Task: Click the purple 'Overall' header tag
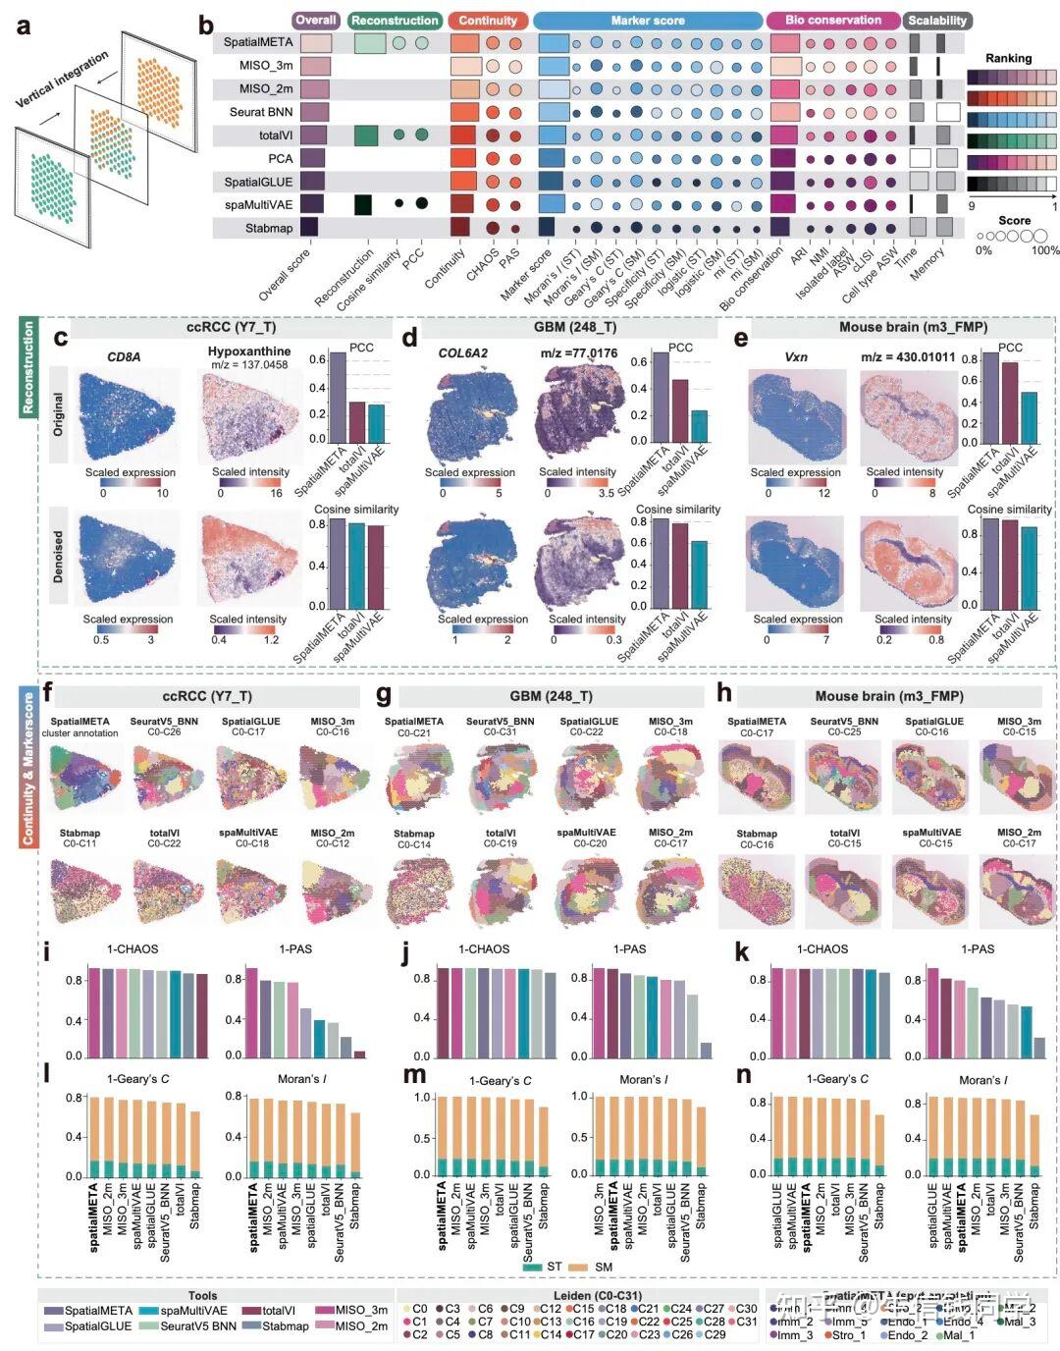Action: pyautogui.click(x=316, y=20)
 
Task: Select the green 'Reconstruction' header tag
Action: pyautogui.click(x=395, y=21)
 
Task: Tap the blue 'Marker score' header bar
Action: pyautogui.click(x=648, y=21)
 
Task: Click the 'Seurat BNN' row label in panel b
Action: pyautogui.click(x=261, y=112)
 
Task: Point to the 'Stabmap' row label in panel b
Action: pyautogui.click(x=269, y=229)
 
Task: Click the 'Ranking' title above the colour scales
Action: pyautogui.click(x=1008, y=58)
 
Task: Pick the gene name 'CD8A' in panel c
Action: pyautogui.click(x=124, y=356)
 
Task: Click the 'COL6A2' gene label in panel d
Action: pyautogui.click(x=463, y=353)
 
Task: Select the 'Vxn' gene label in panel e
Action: pyautogui.click(x=796, y=356)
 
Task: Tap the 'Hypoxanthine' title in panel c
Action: pyautogui.click(x=249, y=351)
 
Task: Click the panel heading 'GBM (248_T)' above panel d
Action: pyautogui.click(x=575, y=328)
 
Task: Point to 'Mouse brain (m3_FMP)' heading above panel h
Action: pyautogui.click(x=889, y=696)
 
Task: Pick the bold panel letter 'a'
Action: pyautogui.click(x=23, y=27)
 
